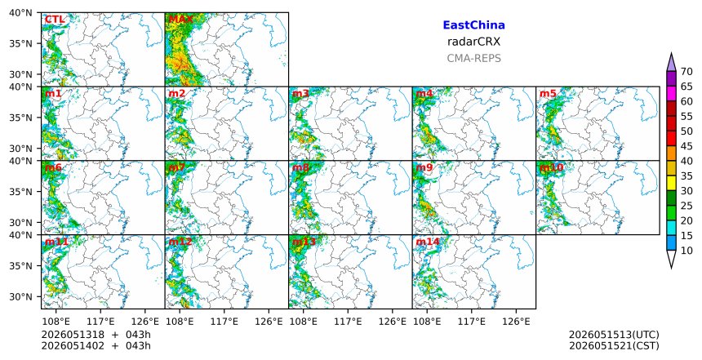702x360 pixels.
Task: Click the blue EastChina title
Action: (x=473, y=25)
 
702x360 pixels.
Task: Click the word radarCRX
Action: (x=473, y=42)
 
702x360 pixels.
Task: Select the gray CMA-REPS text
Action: (x=473, y=58)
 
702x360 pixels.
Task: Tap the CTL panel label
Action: (x=55, y=20)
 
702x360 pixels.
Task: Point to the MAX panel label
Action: (x=180, y=20)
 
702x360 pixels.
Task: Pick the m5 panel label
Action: (x=548, y=94)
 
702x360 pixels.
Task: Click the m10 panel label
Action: (x=552, y=167)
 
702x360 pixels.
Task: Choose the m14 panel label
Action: (x=428, y=242)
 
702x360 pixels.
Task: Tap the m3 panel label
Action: (x=300, y=94)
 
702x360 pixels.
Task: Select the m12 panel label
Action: (x=180, y=242)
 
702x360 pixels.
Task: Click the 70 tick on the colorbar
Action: (x=686, y=72)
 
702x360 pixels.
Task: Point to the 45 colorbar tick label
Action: (x=686, y=146)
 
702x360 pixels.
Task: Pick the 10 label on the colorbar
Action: (x=686, y=251)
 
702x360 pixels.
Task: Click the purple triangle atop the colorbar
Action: (x=671, y=64)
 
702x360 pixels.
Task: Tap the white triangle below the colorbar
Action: (x=671, y=258)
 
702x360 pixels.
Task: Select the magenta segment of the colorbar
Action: (x=671, y=94)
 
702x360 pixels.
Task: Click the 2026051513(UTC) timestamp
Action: (x=614, y=335)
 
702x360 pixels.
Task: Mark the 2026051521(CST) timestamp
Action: (x=614, y=346)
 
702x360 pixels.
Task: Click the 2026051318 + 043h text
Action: (x=96, y=335)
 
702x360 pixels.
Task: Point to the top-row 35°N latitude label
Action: (x=20, y=44)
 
